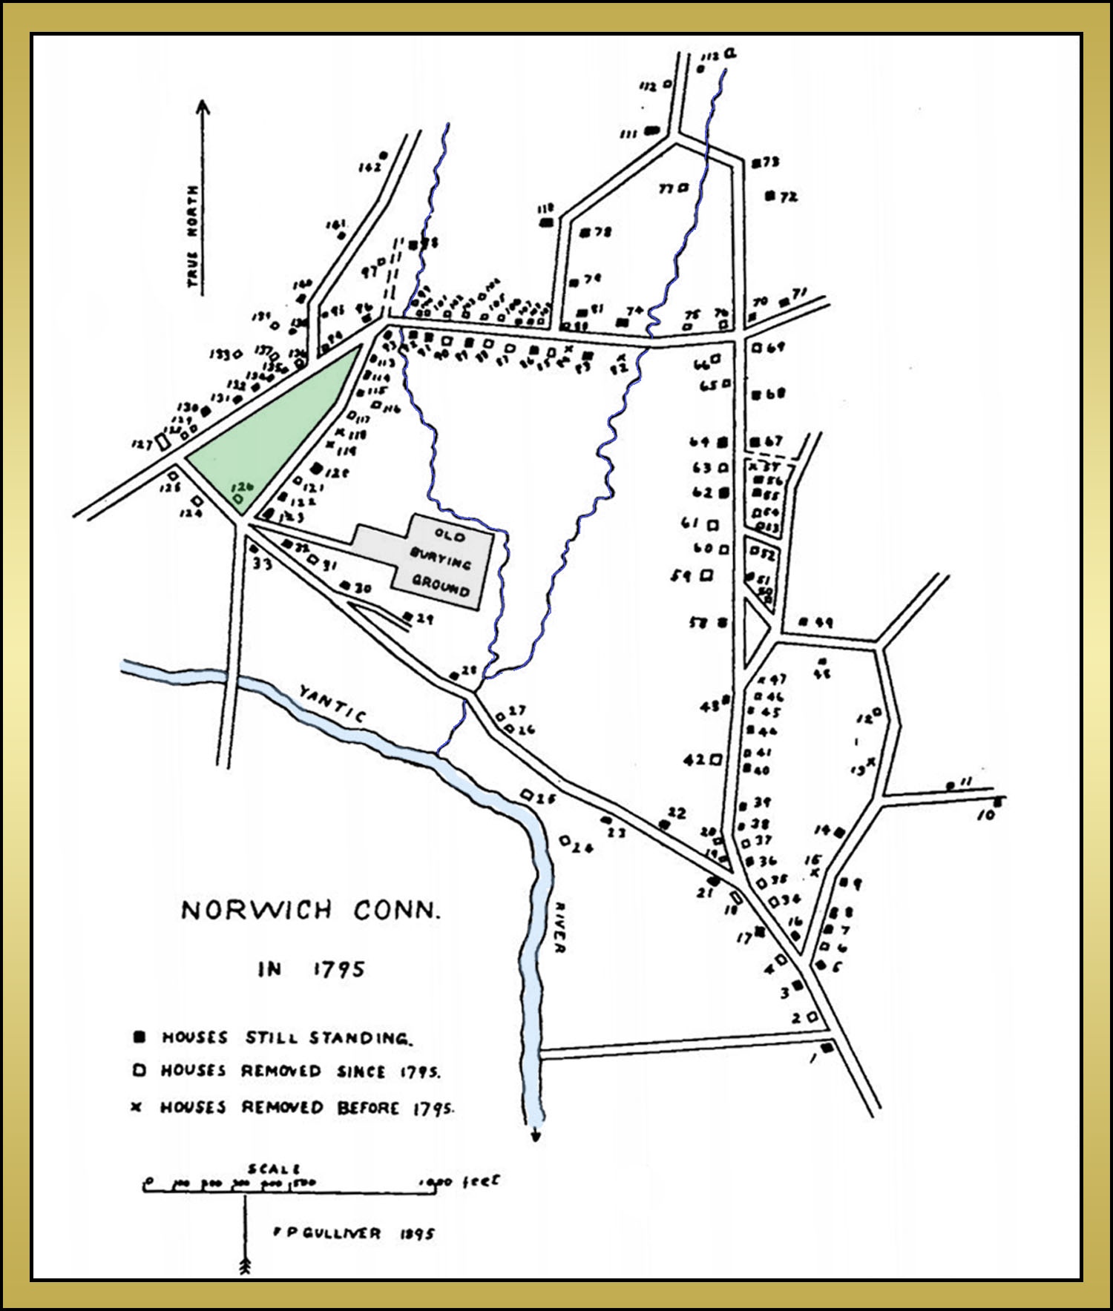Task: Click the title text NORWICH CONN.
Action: pos(311,910)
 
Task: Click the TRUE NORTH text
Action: pos(193,236)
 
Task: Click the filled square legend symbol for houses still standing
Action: pos(138,1037)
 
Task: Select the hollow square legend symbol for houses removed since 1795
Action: pos(137,1071)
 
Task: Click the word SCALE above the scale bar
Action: pos(275,1169)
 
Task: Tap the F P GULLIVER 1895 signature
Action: pos(354,1233)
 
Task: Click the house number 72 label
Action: pos(788,197)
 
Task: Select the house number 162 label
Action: pos(369,168)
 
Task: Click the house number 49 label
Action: pos(824,622)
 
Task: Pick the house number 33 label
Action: pos(263,564)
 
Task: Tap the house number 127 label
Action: pos(141,445)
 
